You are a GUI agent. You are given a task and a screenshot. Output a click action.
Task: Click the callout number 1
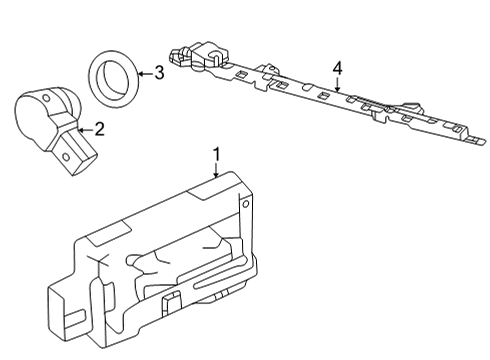tap(216, 153)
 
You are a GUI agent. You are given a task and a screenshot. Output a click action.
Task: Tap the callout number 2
tap(98, 129)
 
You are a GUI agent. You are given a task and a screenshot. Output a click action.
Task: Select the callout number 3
tap(158, 72)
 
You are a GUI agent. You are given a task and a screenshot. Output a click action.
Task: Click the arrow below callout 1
tap(216, 170)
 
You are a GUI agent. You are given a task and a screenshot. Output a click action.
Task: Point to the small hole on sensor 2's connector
tap(71, 160)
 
